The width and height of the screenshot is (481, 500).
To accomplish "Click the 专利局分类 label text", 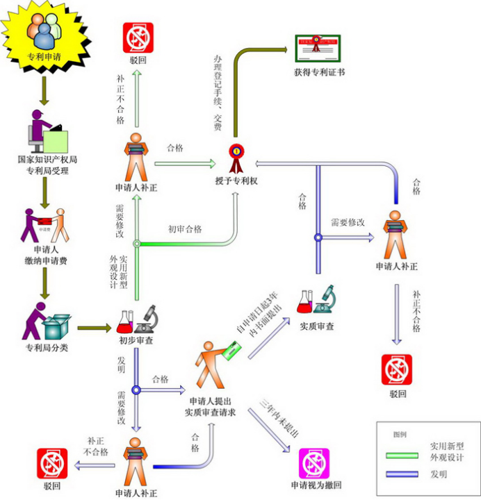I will pyautogui.click(x=47, y=347).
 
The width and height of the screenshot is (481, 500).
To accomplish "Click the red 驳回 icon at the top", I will pyautogui.click(x=137, y=38).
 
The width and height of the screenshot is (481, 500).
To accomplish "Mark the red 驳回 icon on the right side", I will pyautogui.click(x=397, y=369).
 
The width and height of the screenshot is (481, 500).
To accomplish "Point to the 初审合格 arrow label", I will pyautogui.click(x=185, y=228).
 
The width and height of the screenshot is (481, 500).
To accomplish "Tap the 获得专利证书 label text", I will pyautogui.click(x=320, y=72).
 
